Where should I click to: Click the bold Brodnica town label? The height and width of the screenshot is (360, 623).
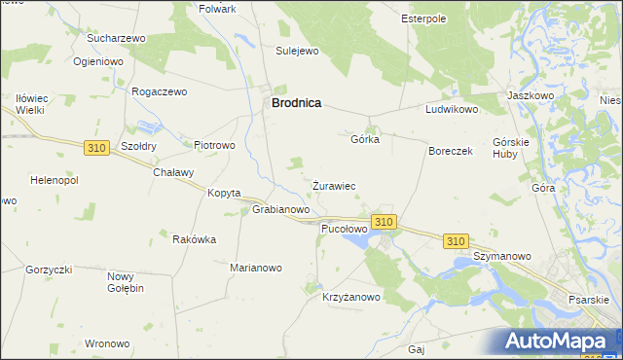click(x=296, y=101)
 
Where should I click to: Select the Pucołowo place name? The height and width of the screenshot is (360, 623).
click(x=344, y=229)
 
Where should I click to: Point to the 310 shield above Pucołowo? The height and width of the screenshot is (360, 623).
click(x=384, y=222)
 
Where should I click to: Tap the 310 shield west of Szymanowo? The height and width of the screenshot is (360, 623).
click(x=456, y=240)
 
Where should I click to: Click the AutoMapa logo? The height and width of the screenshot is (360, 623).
click(x=561, y=342)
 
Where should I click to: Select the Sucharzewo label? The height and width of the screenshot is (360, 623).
click(x=116, y=38)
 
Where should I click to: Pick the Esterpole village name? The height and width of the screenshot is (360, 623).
click(x=423, y=18)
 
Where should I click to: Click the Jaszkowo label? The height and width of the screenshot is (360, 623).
click(x=531, y=96)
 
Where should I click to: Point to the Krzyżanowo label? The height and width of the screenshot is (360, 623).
click(x=351, y=298)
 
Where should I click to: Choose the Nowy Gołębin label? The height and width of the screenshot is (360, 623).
click(x=126, y=282)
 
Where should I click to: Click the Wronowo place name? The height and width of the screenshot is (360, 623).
click(x=107, y=343)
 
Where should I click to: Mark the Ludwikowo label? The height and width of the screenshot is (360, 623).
click(x=452, y=110)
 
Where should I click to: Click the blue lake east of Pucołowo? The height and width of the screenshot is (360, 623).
click(x=357, y=238)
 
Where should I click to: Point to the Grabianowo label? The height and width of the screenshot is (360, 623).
click(x=281, y=209)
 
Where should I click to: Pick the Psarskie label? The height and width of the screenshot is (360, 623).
click(x=591, y=298)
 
